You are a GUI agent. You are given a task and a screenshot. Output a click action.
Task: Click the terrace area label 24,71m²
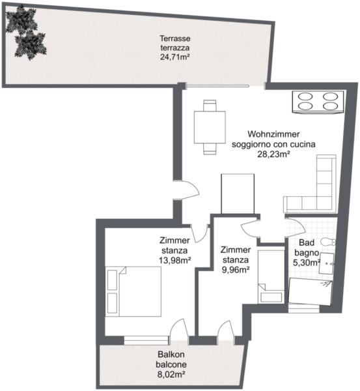click(174, 57)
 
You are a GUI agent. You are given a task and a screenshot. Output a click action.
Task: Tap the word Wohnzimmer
click(273, 134)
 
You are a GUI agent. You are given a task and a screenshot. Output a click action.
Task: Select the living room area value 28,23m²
click(273, 154)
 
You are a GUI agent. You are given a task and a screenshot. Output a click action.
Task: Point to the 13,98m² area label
click(175, 261)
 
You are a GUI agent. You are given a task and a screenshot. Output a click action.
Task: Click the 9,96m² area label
click(236, 270)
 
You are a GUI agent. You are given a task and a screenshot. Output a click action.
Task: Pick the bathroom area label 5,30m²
click(307, 263)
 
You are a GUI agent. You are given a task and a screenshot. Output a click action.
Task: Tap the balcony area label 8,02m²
click(171, 374)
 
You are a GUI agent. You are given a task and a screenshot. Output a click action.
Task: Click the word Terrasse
click(175, 38)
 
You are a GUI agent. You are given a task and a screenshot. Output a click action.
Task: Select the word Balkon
click(171, 354)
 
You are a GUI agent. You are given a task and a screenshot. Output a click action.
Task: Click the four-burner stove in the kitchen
click(318, 102)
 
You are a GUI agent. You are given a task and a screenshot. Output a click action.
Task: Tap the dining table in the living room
click(210, 127)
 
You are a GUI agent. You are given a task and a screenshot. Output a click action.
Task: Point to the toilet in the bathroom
click(328, 242)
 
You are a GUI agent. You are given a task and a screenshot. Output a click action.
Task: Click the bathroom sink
click(327, 263)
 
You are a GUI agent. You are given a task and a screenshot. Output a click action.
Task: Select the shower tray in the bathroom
click(311, 292)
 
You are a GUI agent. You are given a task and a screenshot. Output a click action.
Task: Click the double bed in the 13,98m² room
click(133, 291)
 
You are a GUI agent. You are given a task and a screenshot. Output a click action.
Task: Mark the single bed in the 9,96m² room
click(271, 276)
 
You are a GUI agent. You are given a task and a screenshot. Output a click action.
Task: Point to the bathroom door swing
click(296, 227)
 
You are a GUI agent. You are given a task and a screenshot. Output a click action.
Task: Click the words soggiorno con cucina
click(273, 145)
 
